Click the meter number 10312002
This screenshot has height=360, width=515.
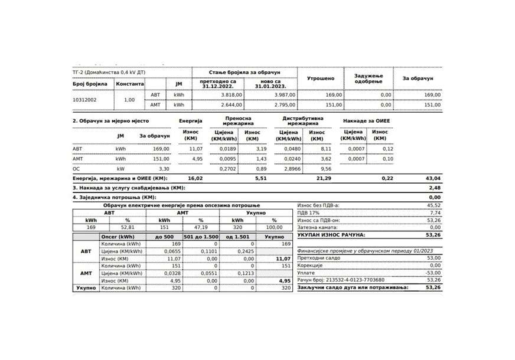tap(86, 100)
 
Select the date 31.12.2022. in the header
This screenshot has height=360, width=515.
tap(219, 86)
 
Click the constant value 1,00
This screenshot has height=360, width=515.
tap(129, 100)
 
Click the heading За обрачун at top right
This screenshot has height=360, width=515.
tap(418, 78)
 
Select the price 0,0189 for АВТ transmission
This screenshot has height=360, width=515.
tap(224, 149)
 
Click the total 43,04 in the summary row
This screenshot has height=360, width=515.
tap(433, 178)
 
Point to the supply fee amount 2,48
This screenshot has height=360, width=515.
tap(435, 188)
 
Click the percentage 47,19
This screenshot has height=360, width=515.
tap(201, 227)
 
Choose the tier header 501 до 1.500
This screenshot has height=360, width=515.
tap(201, 236)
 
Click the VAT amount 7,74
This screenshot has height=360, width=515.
tap(435, 212)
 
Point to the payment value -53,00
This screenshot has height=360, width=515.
tap(433, 273)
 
